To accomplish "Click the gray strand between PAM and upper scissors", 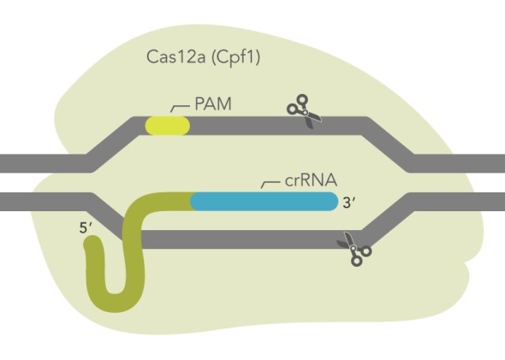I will (240, 126).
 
